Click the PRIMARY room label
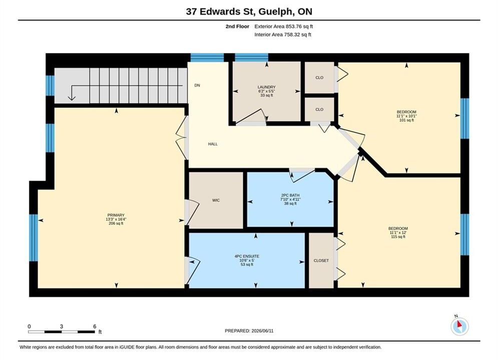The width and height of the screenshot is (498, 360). pos(116,215)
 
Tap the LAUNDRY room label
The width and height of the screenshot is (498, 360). pos(266,87)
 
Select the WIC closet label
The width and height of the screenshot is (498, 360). pos(216,200)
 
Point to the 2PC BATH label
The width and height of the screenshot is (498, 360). pos(290,195)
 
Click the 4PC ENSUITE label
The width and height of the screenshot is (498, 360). pos(247,256)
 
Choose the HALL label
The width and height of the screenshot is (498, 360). pos(213,144)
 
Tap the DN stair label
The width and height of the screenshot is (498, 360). pos(197,85)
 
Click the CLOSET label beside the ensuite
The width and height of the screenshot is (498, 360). pos(321,260)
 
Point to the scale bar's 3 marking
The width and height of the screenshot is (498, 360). pos(61,326)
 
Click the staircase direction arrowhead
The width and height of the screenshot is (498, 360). pos(72,97)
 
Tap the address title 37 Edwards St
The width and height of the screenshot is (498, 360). pos(219,11)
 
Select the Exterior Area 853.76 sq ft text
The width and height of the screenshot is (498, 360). pos(284,26)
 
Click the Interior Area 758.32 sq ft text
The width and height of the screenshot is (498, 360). pos(283,34)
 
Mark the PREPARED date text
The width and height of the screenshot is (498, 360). pos(249,331)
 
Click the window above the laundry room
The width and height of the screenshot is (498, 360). pos(252,57)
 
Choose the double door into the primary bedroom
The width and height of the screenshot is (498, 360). pos(181,137)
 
